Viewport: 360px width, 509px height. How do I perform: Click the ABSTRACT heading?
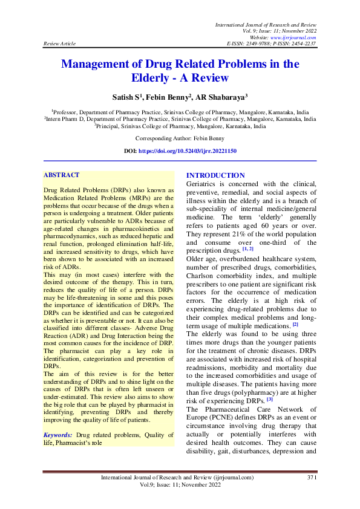[x=61, y=175]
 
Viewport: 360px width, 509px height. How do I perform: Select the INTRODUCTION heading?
[x=216, y=175]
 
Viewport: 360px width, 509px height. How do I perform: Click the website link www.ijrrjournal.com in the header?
[x=295, y=37]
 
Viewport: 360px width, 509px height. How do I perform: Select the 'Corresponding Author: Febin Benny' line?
[x=180, y=138]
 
